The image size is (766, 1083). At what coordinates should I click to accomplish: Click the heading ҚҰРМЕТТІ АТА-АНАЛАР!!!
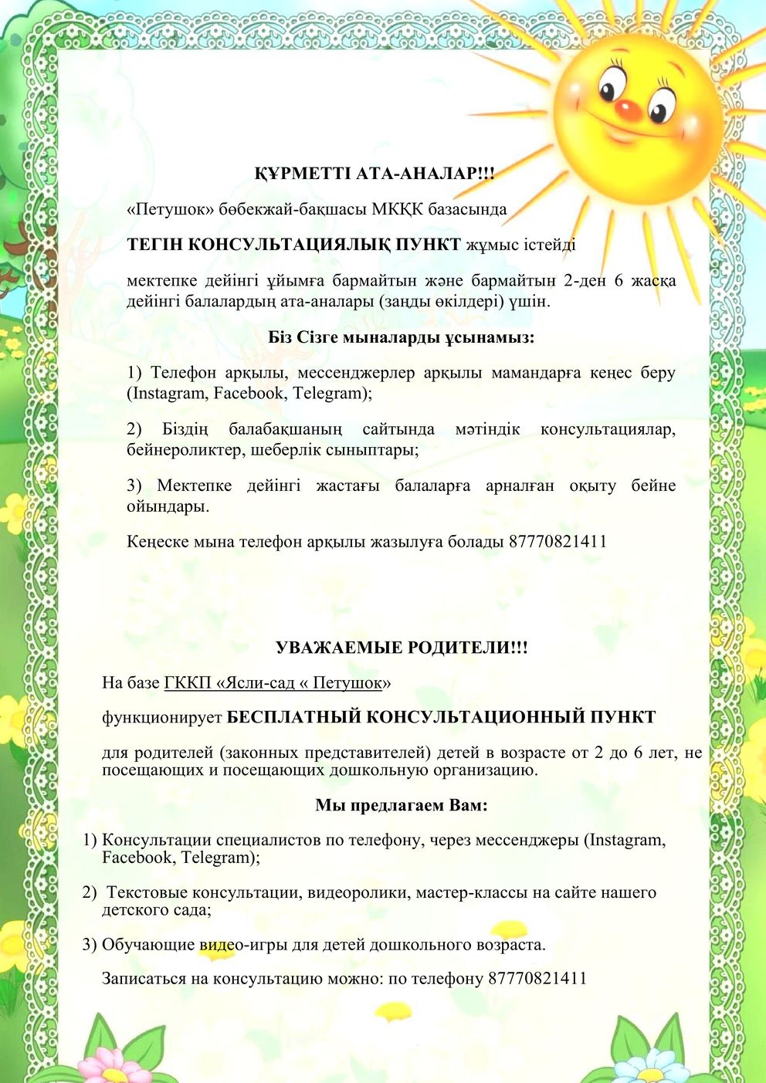(x=375, y=174)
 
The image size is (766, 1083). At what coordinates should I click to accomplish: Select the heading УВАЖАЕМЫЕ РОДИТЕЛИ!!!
(x=402, y=648)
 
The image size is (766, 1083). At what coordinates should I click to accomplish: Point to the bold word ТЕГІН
(x=154, y=245)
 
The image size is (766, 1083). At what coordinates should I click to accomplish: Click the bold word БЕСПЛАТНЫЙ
(x=293, y=717)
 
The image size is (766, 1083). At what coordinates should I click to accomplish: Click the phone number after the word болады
(x=558, y=541)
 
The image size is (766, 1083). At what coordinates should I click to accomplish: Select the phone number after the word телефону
(x=537, y=979)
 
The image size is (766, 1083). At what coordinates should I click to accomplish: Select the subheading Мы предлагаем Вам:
(x=402, y=805)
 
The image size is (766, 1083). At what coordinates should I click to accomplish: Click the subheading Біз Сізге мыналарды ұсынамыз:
(x=402, y=337)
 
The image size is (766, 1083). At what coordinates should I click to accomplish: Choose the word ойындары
(x=168, y=506)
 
